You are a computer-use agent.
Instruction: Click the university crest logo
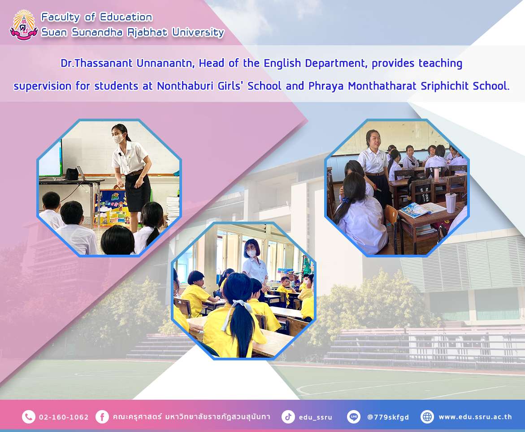click(23, 25)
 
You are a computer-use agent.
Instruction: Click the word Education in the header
click(126, 17)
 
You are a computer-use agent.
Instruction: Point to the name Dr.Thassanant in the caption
click(97, 63)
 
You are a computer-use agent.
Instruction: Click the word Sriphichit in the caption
click(445, 86)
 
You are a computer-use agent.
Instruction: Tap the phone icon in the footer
click(28, 417)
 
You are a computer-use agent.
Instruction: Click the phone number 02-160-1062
click(64, 417)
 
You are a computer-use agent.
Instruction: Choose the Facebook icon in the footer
click(102, 417)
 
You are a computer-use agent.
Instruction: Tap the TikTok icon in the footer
click(288, 417)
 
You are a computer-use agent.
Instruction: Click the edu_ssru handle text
click(315, 417)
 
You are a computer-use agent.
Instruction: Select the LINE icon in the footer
click(354, 417)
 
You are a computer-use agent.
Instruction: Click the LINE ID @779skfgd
click(388, 417)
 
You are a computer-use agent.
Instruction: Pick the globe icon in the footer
click(427, 417)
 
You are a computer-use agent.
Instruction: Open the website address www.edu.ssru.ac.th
click(475, 417)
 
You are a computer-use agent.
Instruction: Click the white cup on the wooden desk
click(450, 203)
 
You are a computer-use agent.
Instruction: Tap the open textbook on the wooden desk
click(421, 210)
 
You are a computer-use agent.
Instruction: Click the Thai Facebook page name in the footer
click(191, 417)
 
